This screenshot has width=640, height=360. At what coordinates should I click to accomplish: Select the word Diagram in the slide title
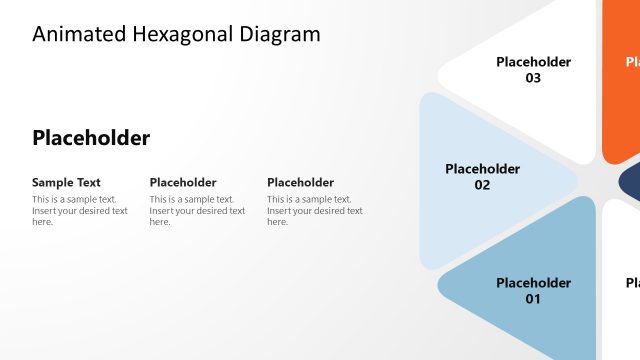tap(280, 34)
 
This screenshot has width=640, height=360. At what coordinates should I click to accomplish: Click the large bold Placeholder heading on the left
tap(91, 138)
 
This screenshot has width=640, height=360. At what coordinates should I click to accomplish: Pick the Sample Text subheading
tap(66, 183)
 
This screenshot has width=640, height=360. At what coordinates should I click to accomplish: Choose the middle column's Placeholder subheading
tap(183, 183)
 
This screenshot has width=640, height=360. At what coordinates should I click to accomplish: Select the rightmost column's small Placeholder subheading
tap(300, 183)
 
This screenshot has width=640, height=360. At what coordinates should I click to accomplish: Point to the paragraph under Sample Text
tap(80, 210)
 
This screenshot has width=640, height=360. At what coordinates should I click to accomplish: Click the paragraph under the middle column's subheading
tap(197, 210)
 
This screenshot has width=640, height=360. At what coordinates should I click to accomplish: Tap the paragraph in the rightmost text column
tap(315, 210)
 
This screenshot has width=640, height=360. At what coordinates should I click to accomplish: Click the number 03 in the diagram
tap(533, 78)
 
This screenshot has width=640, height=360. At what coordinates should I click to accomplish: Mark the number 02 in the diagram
tap(482, 185)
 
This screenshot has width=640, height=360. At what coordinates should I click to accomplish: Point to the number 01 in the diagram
tap(533, 299)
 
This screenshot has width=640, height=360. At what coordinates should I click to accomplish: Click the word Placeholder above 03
tap(533, 62)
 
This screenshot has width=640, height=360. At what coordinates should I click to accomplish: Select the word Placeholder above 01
tap(533, 283)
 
